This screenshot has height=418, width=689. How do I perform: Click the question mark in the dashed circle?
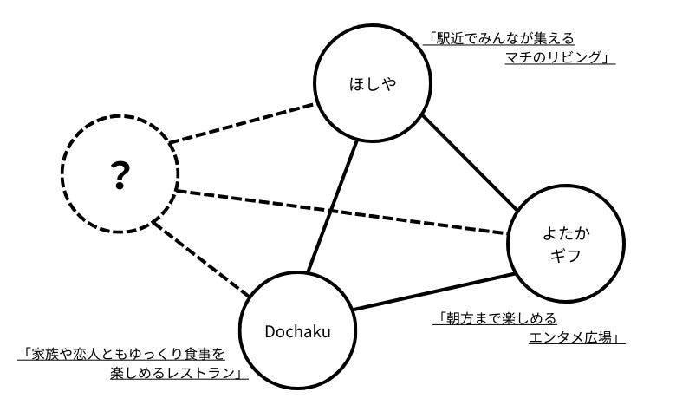(x=120, y=176)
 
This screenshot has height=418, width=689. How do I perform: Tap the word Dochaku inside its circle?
(x=298, y=330)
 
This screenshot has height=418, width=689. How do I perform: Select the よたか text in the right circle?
(x=565, y=235)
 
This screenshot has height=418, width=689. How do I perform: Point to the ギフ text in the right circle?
(x=565, y=258)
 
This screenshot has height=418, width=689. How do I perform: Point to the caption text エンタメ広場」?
(x=576, y=337)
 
